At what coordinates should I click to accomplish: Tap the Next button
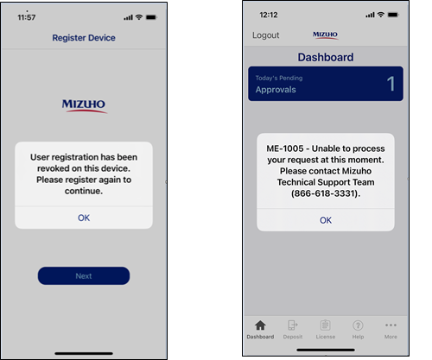[x=84, y=275]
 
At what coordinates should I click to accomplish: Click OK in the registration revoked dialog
[x=84, y=218]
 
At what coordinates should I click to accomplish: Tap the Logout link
[x=266, y=35]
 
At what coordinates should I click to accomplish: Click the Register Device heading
[x=84, y=38]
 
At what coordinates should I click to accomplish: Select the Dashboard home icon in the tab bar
[x=260, y=325]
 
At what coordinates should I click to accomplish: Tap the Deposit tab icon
[x=293, y=325]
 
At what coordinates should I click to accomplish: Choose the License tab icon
[x=326, y=325]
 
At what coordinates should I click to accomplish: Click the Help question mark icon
[x=358, y=325]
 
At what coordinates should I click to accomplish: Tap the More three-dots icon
[x=391, y=325]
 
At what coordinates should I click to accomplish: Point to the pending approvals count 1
[x=391, y=84]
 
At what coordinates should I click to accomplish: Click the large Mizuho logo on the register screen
[x=84, y=106]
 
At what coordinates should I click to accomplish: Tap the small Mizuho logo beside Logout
[x=325, y=35]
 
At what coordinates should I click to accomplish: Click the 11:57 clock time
[x=27, y=17]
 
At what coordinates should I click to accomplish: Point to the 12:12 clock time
[x=269, y=15]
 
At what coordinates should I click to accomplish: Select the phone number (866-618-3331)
[x=326, y=193]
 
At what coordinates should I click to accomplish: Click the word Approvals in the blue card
[x=276, y=90]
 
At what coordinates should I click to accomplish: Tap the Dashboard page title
[x=326, y=57]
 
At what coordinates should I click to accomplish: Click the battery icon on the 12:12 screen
[x=393, y=15]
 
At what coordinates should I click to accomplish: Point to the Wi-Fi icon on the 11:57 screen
[x=139, y=17]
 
